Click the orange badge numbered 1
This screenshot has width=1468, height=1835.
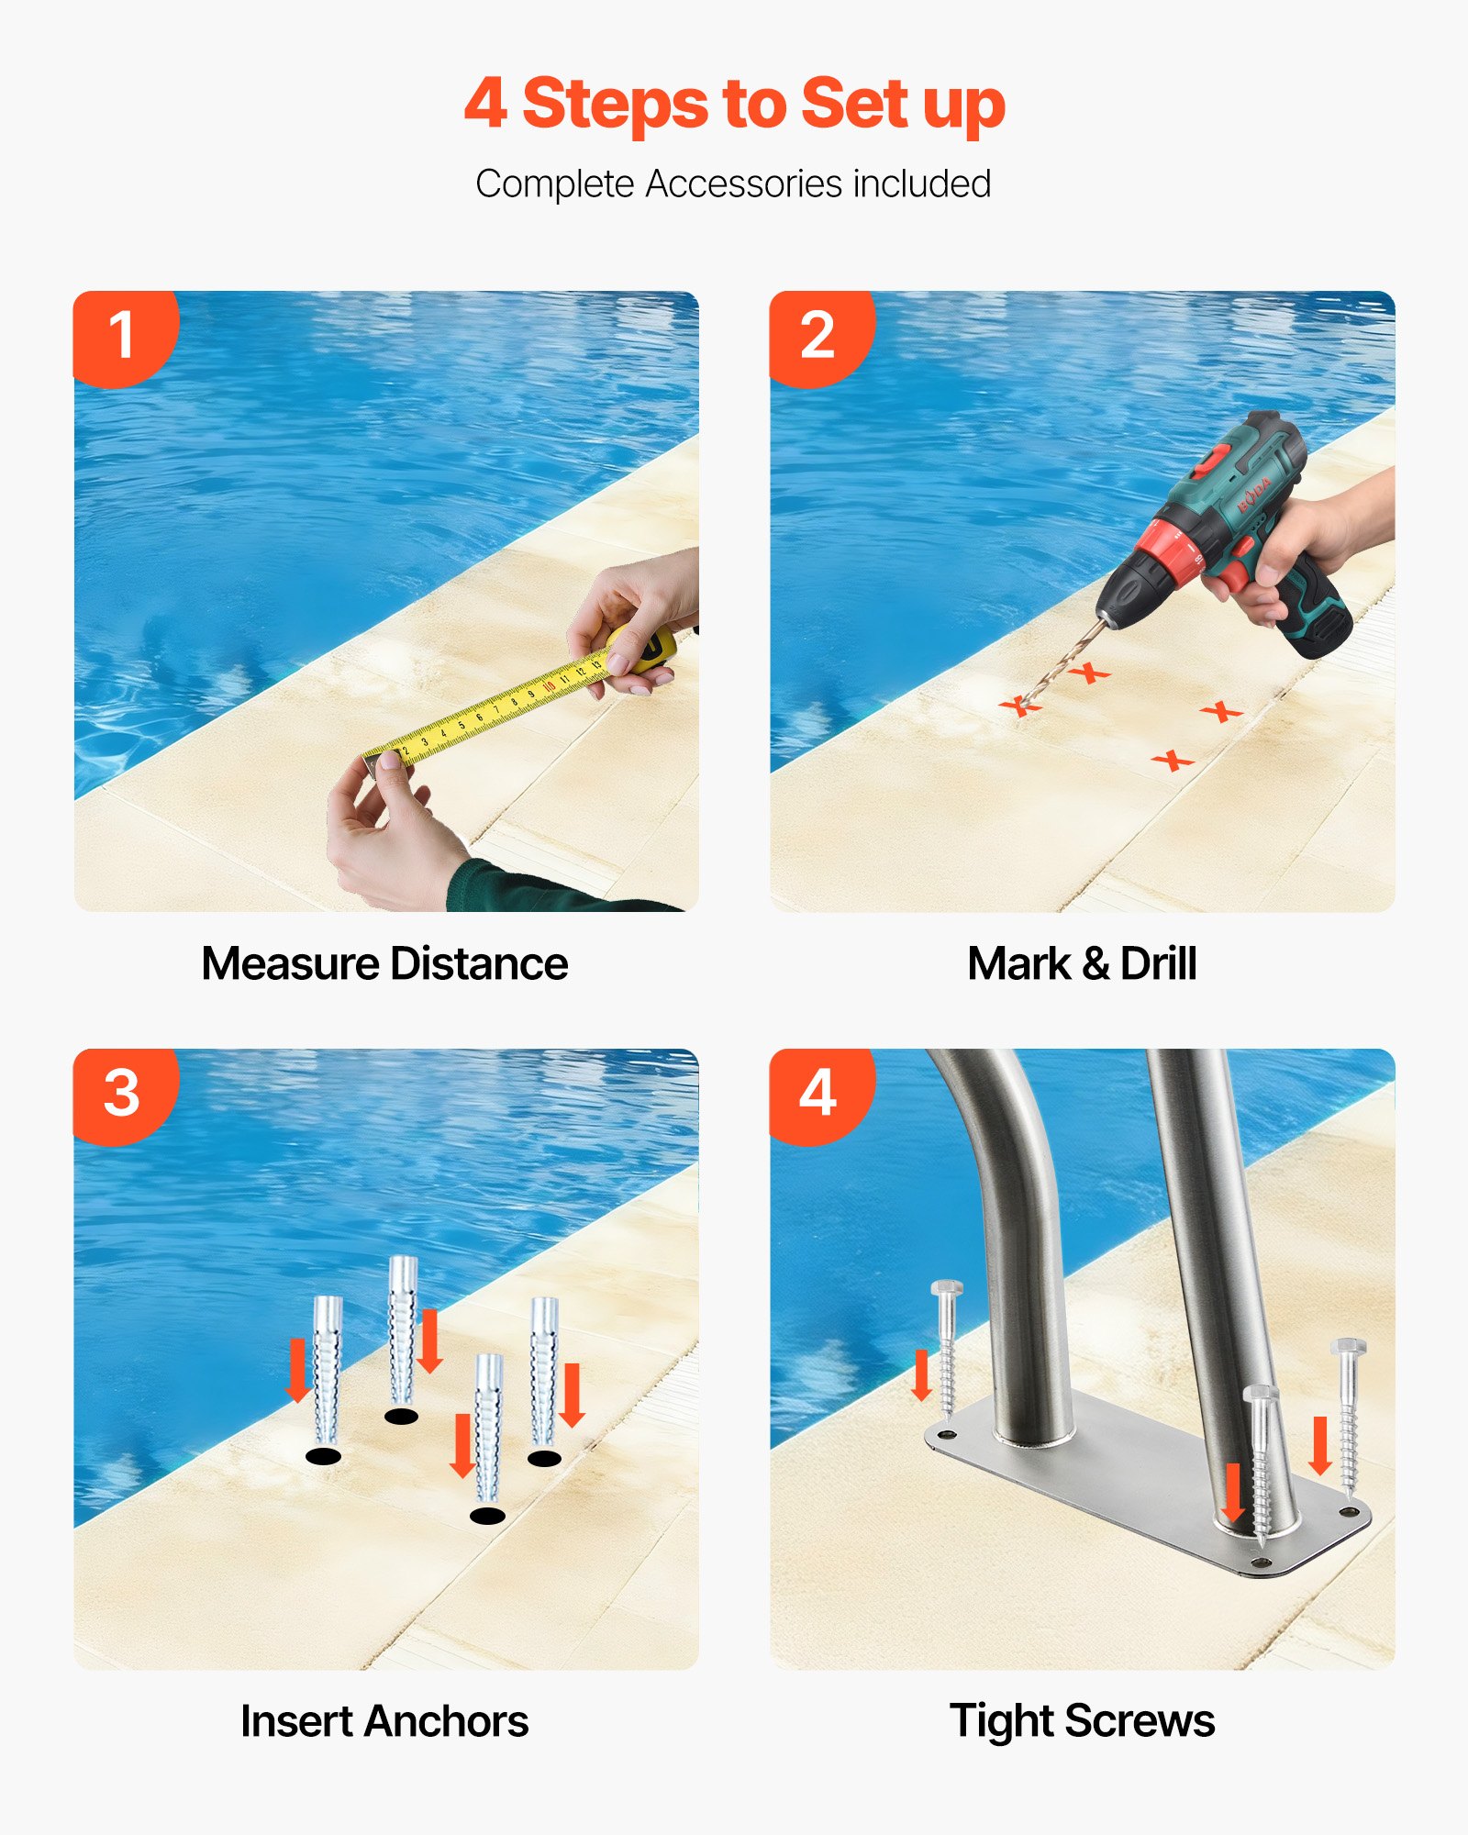tap(121, 336)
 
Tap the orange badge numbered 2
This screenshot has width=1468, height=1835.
tap(817, 336)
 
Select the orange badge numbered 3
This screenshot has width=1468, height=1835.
tap(121, 1094)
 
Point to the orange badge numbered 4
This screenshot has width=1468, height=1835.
tap(817, 1094)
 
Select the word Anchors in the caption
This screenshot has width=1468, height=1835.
tap(446, 1721)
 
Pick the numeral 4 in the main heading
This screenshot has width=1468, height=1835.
tap(485, 104)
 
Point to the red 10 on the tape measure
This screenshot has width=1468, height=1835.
tap(549, 685)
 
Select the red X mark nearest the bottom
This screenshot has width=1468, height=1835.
tap(1172, 761)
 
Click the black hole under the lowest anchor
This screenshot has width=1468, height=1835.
tap(487, 1516)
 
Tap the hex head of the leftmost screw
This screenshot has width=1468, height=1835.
tap(946, 1289)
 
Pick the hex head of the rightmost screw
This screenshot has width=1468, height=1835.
tap(1348, 1348)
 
